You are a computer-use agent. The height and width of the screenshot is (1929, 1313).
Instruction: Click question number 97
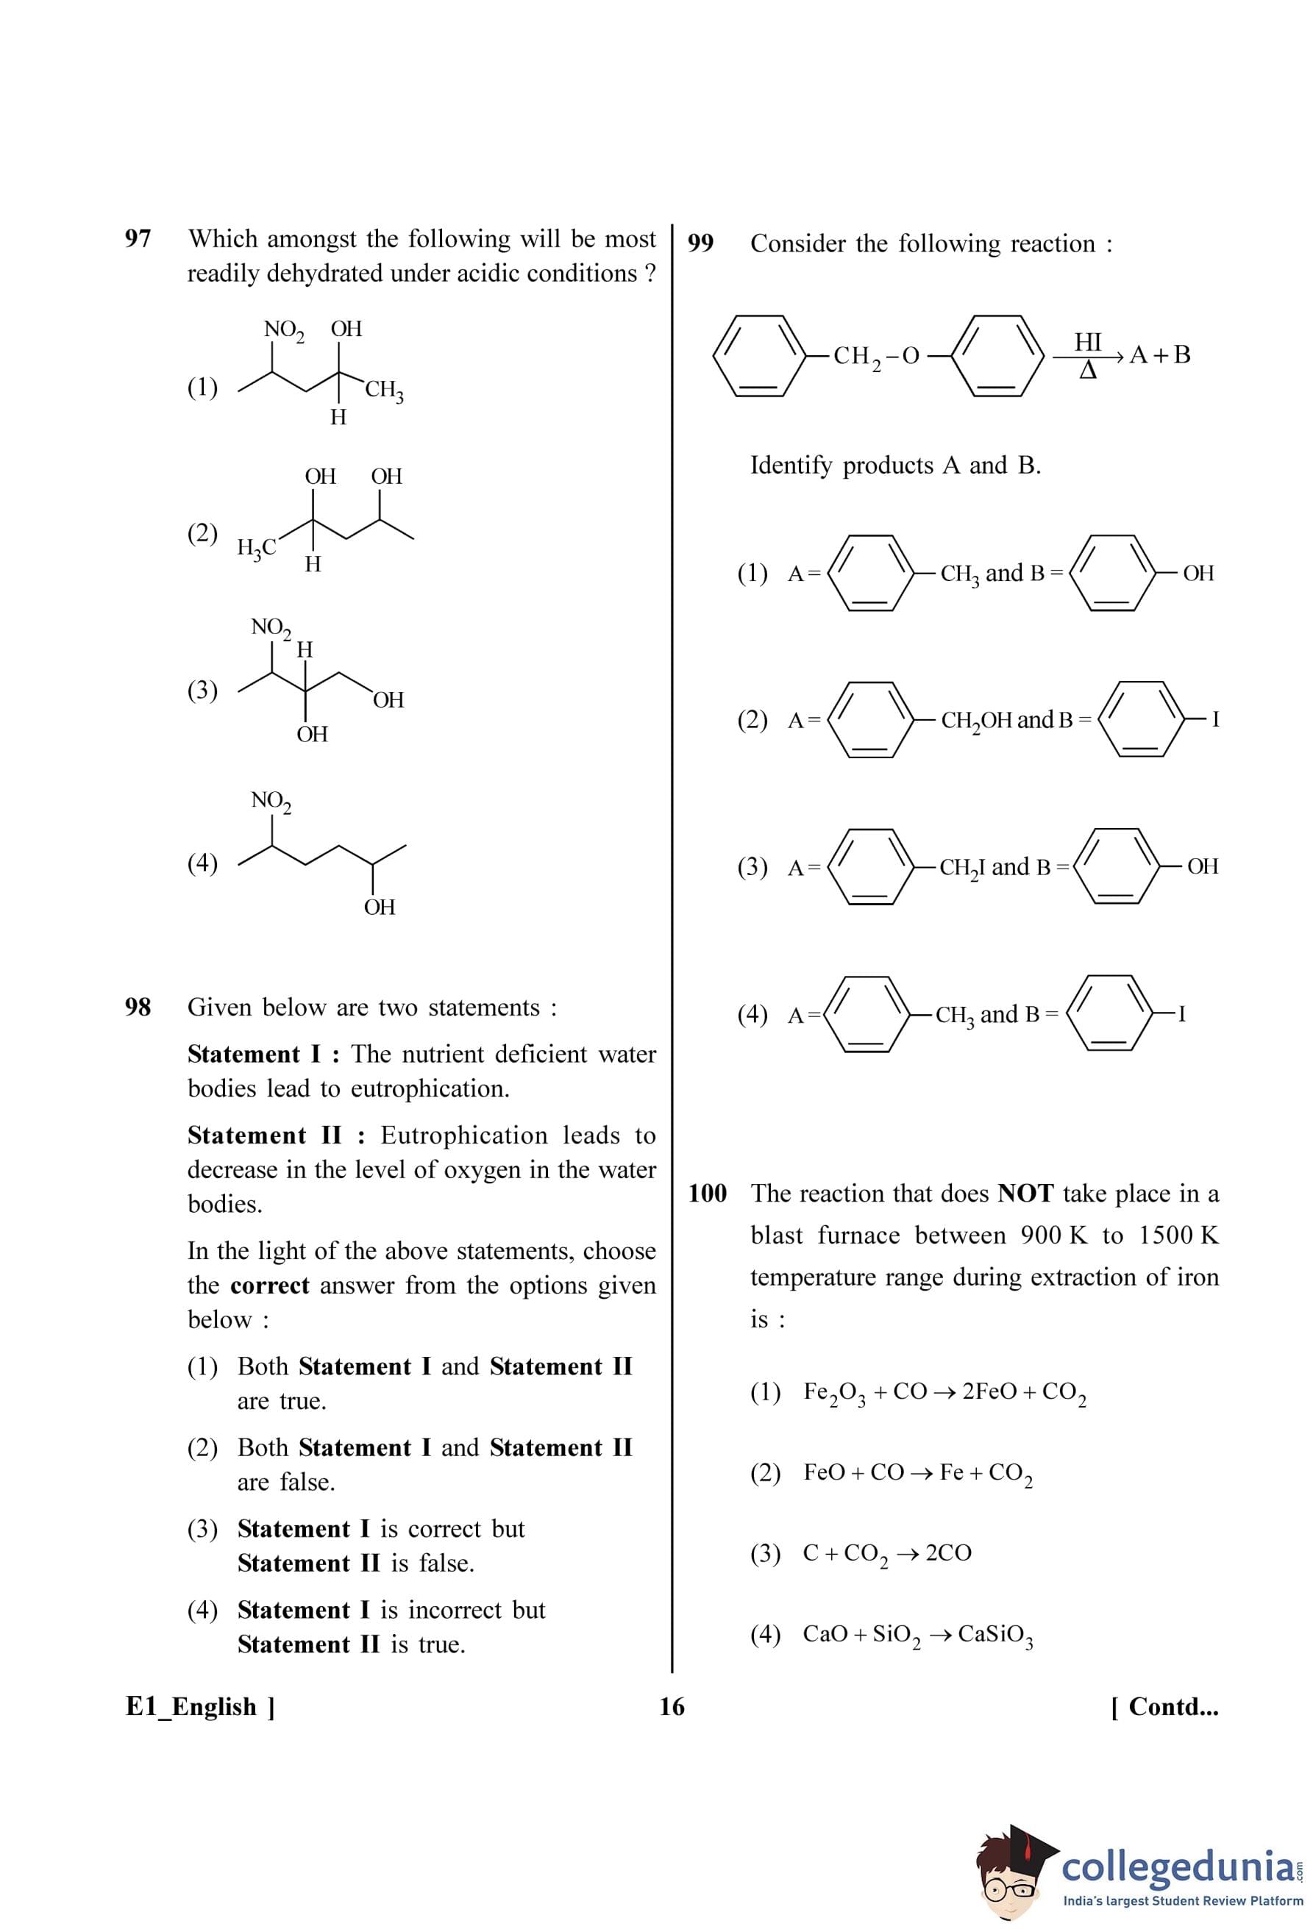click(x=138, y=239)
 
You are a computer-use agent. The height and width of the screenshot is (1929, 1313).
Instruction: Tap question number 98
click(x=138, y=1008)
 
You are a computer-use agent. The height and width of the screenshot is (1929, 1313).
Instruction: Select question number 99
click(x=700, y=243)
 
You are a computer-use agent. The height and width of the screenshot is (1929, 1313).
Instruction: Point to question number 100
click(x=707, y=1194)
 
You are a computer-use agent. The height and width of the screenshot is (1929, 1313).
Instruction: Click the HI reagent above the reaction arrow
click(x=1087, y=342)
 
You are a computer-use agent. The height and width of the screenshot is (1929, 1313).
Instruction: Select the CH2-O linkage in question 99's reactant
click(x=877, y=357)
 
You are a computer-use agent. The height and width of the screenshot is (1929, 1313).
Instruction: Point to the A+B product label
click(x=1159, y=355)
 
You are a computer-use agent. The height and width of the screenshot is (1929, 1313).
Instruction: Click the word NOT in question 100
click(x=1025, y=1194)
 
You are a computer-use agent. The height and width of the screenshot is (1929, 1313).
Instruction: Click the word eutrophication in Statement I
click(x=428, y=1088)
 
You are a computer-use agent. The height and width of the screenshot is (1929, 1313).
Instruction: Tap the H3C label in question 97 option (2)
click(x=256, y=548)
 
